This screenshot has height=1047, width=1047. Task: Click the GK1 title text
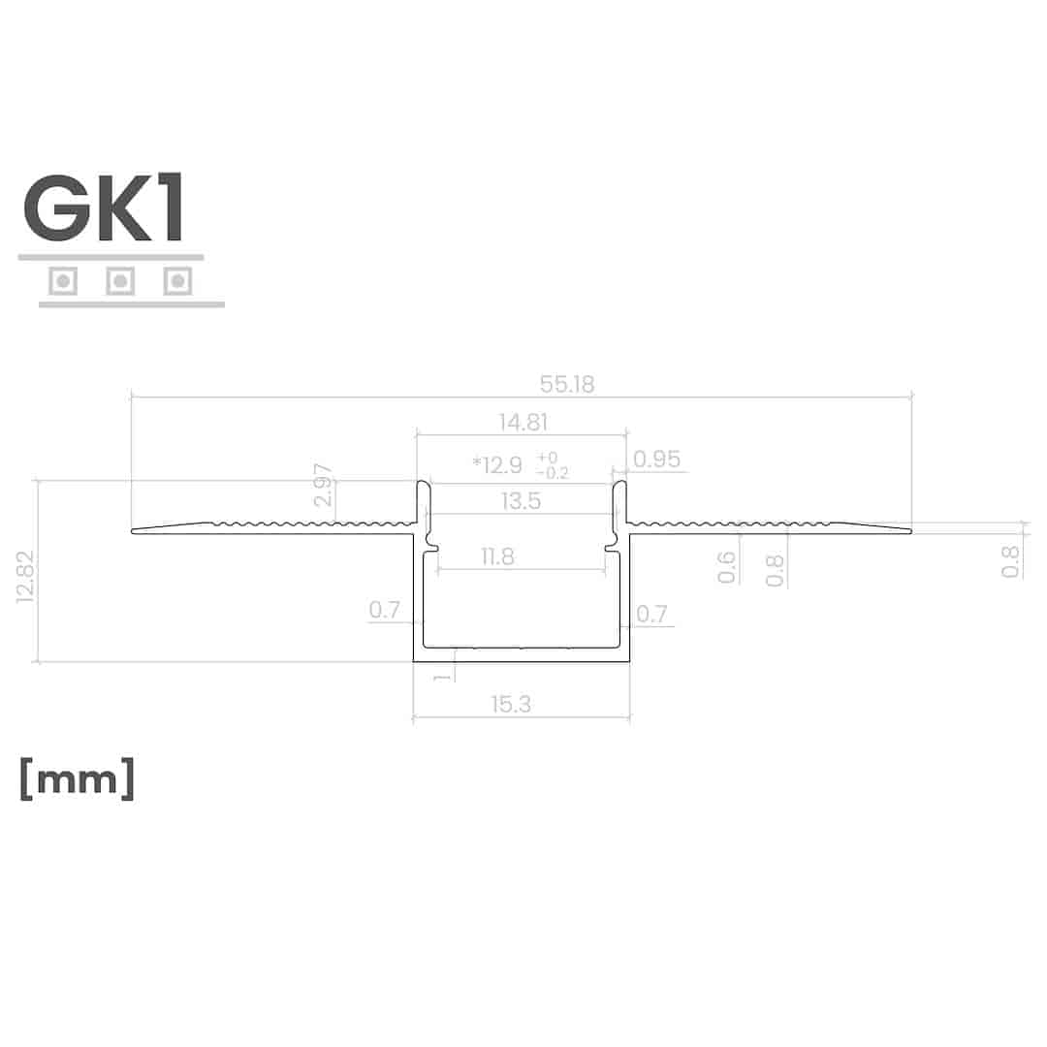click(x=104, y=207)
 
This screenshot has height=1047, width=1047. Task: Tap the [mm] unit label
click(x=78, y=777)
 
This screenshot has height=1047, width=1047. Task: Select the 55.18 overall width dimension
click(x=567, y=384)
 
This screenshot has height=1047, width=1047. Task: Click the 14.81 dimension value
click(x=523, y=422)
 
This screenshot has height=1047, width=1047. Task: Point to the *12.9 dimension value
click(x=497, y=464)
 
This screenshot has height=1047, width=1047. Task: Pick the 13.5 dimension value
click(x=521, y=501)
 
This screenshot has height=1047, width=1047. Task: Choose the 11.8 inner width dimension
click(x=497, y=556)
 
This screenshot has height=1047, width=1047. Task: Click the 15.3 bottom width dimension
click(x=511, y=704)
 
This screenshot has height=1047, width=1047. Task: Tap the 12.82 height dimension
click(x=25, y=576)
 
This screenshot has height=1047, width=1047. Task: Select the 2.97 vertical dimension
click(x=323, y=485)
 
